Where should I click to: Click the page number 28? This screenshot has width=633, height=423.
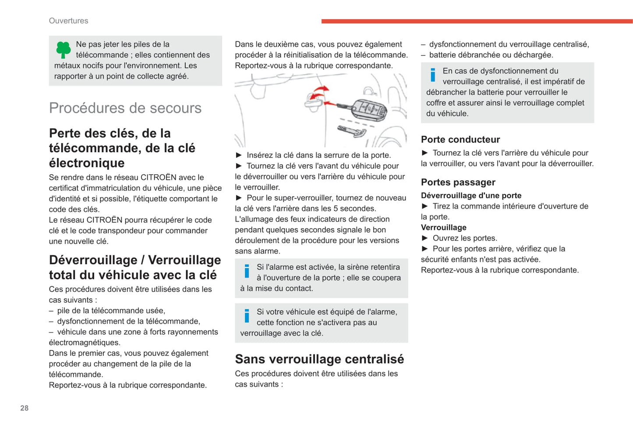point(25,408)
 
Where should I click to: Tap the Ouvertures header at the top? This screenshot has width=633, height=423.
point(68,21)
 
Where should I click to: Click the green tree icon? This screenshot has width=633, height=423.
point(64,50)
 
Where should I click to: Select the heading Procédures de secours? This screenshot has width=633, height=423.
point(125,108)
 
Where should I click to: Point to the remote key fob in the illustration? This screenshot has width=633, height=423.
point(369,109)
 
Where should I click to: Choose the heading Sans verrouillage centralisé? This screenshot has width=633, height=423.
point(319,359)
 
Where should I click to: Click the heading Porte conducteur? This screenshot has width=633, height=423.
point(460,140)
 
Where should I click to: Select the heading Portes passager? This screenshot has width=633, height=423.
point(458,182)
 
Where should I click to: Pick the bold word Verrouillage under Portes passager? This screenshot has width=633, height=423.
point(444,227)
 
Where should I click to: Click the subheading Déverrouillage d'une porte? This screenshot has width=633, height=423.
point(471,195)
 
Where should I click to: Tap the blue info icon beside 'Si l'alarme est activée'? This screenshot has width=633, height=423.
point(247,271)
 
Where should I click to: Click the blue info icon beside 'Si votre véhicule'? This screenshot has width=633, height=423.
point(247,315)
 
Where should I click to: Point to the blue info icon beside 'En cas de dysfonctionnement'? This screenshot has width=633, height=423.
point(433,75)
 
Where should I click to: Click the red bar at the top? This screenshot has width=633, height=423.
point(477,21)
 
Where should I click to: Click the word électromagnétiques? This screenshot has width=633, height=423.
point(85,343)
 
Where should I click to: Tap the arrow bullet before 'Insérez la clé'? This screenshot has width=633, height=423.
point(239,155)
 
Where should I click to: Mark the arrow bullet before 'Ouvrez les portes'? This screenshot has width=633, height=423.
point(424,238)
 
